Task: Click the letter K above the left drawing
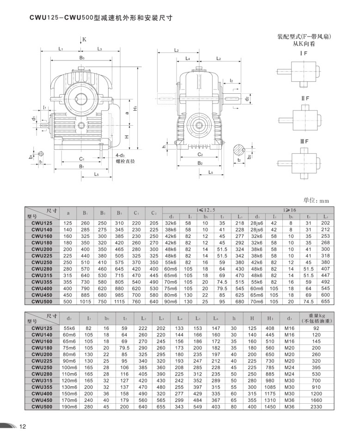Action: pos(85,40)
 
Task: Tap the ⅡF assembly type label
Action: pos(305,98)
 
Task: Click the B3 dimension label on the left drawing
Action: pos(82,58)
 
